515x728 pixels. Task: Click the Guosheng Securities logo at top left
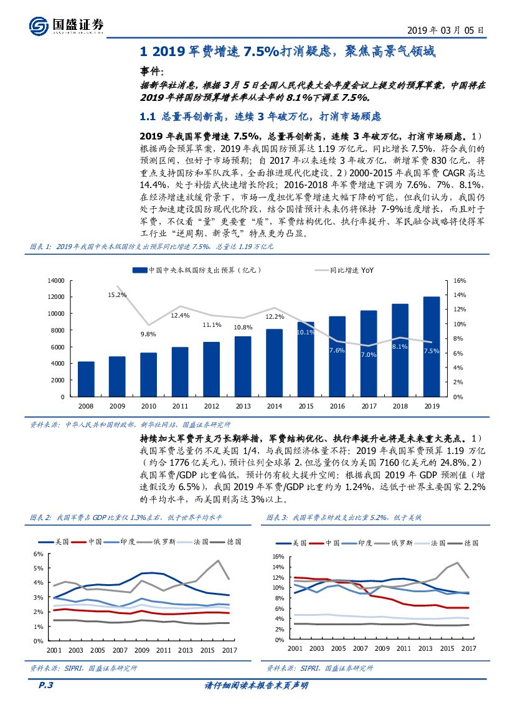click(x=66, y=26)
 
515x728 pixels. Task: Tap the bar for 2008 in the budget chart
click(x=86, y=379)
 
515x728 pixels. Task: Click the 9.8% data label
click(x=148, y=334)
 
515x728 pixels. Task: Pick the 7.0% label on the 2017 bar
click(x=368, y=354)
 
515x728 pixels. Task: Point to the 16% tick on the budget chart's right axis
click(x=459, y=281)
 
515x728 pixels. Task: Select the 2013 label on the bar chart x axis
click(x=243, y=405)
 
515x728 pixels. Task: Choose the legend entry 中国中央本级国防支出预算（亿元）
click(x=197, y=270)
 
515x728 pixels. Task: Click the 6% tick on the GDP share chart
click(x=39, y=554)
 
